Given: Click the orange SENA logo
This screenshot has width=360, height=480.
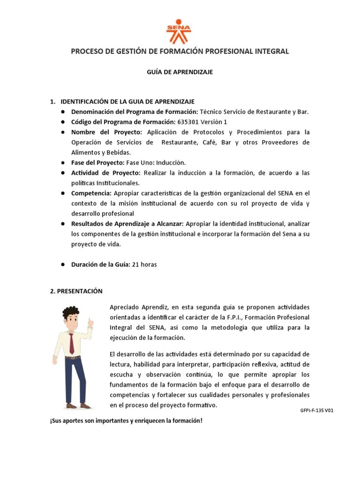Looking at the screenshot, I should click(179, 31).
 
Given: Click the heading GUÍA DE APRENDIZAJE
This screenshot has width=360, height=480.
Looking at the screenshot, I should click(180, 72).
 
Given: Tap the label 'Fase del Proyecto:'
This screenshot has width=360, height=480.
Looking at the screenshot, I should click(97, 162).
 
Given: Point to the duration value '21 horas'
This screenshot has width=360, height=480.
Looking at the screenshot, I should click(144, 264).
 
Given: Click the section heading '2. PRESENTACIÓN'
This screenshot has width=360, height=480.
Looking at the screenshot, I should click(76, 291).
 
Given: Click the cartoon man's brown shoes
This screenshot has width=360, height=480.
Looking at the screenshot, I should click(78, 405).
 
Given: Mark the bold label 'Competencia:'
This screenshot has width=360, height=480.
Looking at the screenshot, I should click(91, 193).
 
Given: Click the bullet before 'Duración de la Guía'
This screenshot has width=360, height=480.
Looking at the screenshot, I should click(62, 265).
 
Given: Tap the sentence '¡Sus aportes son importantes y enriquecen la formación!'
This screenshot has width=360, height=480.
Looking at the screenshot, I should click(126, 420).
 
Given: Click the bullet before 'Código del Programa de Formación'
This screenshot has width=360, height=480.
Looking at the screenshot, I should click(62, 122).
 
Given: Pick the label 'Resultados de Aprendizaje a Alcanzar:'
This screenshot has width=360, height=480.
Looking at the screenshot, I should click(127, 224).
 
